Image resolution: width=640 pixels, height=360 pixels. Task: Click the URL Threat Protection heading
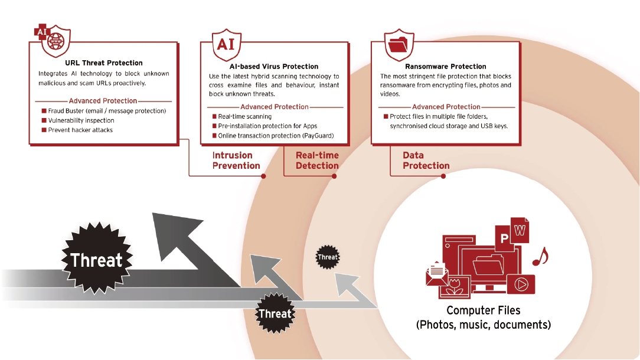point(104,63)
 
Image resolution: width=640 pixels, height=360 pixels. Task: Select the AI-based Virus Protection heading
point(275,67)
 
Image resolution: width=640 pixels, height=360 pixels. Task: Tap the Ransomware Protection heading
point(446,67)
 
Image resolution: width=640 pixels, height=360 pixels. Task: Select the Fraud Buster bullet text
point(107,111)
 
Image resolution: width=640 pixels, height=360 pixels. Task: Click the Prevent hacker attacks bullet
point(80,130)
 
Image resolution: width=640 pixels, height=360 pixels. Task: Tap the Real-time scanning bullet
point(245,117)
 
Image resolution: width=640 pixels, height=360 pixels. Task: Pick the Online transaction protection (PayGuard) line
point(276,136)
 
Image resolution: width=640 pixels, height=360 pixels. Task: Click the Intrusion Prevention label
point(236,161)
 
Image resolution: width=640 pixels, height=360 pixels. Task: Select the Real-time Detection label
point(317,161)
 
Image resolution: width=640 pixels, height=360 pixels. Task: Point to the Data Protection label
point(426,161)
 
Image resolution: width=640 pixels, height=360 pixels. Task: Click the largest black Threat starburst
point(97,260)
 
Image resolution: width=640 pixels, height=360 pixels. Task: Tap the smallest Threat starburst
point(327,257)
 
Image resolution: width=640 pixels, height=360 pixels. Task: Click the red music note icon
point(540,256)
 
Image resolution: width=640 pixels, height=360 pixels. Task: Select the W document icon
point(520,230)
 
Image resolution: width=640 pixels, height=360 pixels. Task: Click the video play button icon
point(521,284)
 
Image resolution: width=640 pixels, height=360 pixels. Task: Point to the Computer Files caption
point(484,317)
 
